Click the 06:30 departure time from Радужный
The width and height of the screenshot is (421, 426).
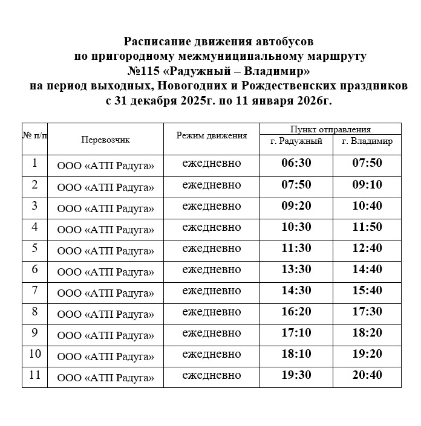click(296, 163)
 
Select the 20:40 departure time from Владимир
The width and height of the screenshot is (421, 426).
click(367, 375)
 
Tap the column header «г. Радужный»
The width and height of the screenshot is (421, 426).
click(296, 141)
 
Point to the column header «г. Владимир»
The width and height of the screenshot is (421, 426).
click(367, 141)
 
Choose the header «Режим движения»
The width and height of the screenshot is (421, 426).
click(212, 135)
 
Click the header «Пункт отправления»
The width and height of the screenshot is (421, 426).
click(330, 129)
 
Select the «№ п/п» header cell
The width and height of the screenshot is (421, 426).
click(34, 135)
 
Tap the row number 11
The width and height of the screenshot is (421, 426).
click(34, 375)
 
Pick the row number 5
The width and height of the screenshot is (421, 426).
click(34, 248)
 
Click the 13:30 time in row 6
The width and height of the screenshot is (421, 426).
click(296, 269)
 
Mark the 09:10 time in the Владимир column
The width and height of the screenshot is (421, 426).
click(367, 184)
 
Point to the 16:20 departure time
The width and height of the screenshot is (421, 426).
click(296, 312)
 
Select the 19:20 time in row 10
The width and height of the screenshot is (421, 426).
click(367, 354)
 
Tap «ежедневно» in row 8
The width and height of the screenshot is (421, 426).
click(212, 312)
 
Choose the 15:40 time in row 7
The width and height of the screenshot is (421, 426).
click(367, 291)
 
